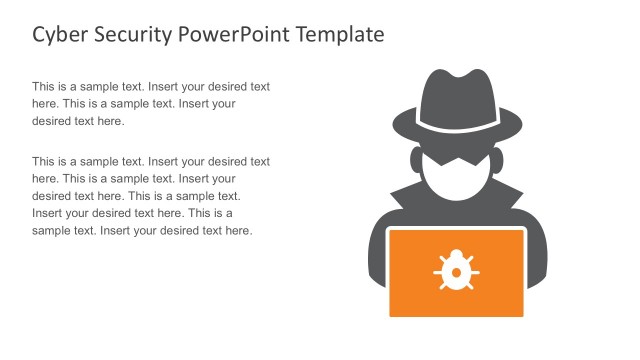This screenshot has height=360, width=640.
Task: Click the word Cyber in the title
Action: (58, 35)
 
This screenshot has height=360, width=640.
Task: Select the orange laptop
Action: (456, 272)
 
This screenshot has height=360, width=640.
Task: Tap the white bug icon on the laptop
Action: (456, 271)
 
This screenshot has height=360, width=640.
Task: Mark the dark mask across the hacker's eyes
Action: (456, 160)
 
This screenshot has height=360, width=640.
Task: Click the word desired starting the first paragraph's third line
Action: (51, 121)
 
